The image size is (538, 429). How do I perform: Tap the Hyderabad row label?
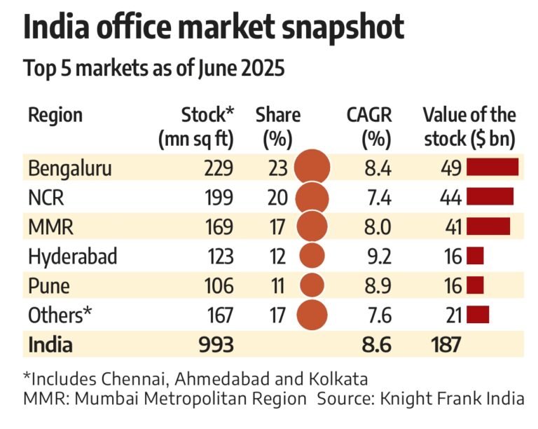pos(72,257)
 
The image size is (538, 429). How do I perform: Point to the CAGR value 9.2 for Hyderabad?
pos(376,257)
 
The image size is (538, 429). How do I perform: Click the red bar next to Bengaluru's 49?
pos(492,167)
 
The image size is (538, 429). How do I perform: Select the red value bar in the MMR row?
pos(488,226)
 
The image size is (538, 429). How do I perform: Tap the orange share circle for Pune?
pos(312,285)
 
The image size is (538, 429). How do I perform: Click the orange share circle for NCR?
pos(312,198)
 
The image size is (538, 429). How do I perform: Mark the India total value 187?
pos(442,344)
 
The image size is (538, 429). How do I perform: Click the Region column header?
pos(55,115)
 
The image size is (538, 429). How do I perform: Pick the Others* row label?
pos(60,315)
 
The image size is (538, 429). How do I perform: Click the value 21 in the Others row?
pos(452,315)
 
